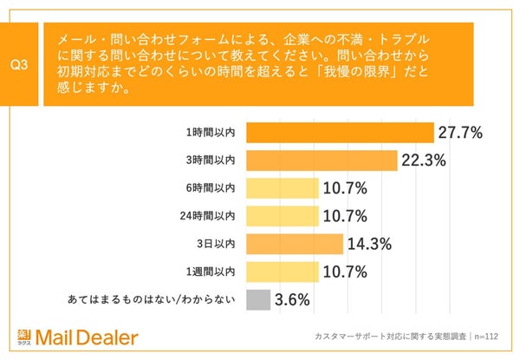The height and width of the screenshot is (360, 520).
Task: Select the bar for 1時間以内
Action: [340, 133]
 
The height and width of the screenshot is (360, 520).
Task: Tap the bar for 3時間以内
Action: [322, 160]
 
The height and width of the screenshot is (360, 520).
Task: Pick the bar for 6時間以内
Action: [283, 187]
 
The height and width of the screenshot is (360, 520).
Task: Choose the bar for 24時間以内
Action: [283, 214]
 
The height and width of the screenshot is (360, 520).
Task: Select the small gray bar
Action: [258, 300]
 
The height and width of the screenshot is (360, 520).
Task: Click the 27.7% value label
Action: [460, 133]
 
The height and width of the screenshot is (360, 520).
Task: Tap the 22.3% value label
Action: [425, 160]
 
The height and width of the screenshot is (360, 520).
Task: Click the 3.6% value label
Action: [293, 300]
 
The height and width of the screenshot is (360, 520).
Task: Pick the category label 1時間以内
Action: [211, 133]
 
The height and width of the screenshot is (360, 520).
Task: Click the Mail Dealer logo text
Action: [91, 337]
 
